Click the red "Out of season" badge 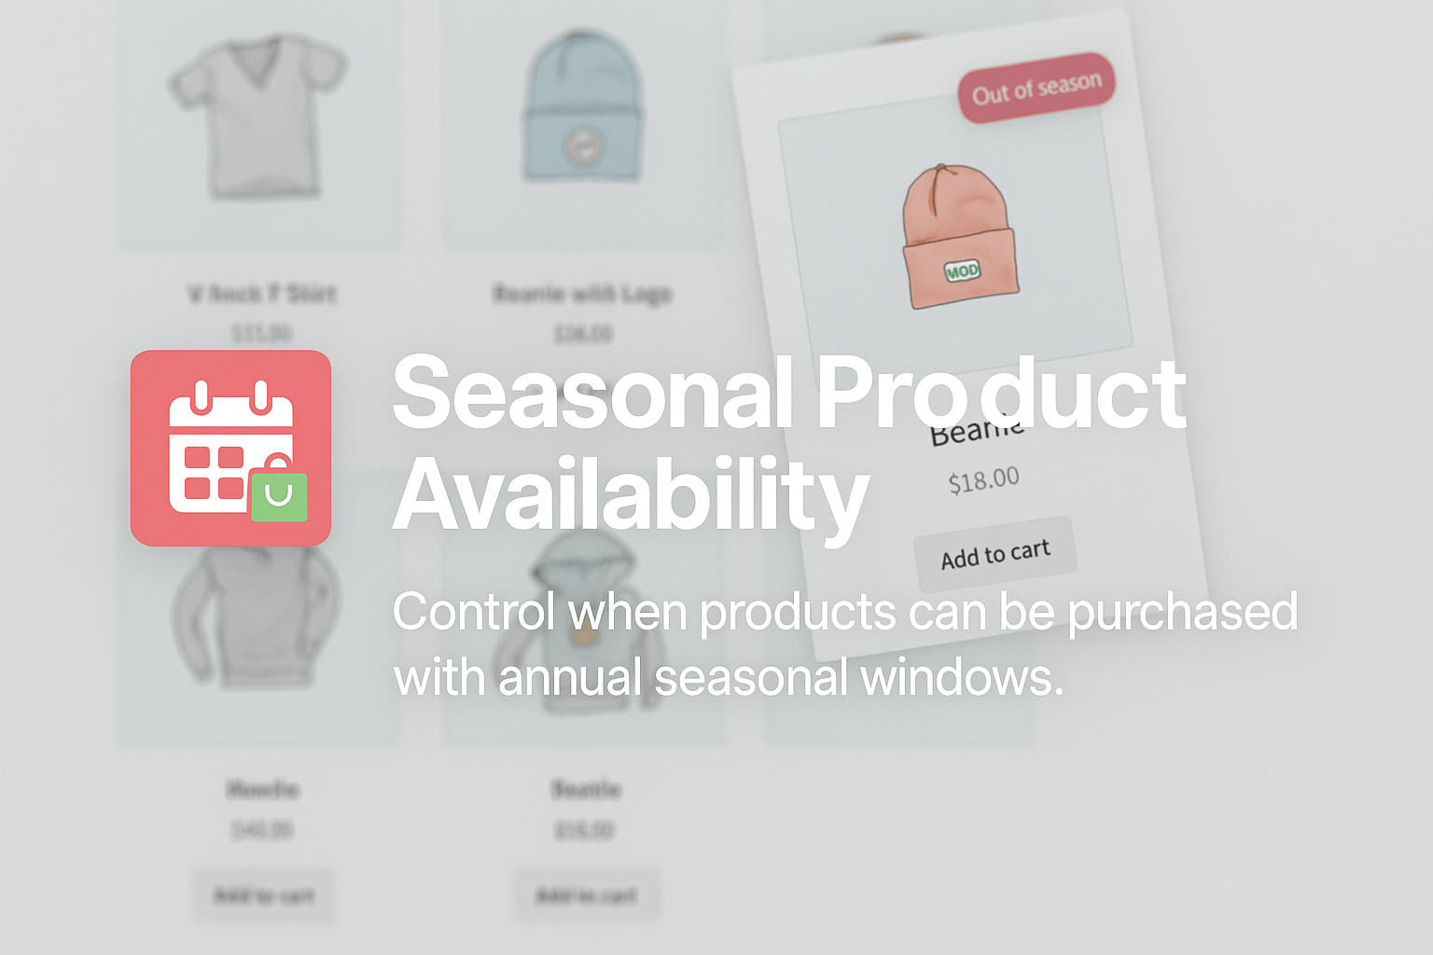(1036, 88)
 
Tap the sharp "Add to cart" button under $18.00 (995, 554)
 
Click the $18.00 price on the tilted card (983, 480)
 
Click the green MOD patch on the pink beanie (962, 271)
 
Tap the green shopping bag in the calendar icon (279, 494)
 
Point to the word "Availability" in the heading (631, 495)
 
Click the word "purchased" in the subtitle (1182, 614)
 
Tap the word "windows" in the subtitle (961, 678)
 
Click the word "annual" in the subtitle (570, 678)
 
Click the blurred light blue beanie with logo (583, 107)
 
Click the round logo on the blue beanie (583, 145)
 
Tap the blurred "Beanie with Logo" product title (582, 294)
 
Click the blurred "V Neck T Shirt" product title (261, 294)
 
